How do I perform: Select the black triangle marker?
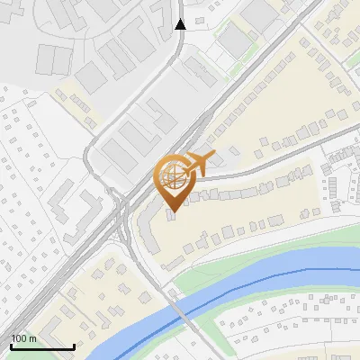181,24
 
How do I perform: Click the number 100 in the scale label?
20,338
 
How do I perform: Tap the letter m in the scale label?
33,338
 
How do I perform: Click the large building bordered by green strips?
236,40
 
